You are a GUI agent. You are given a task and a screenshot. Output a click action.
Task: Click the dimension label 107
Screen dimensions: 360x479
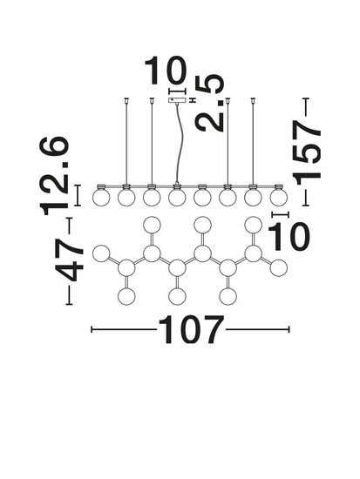191,329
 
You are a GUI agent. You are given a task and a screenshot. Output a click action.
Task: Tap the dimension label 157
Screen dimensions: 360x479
307,152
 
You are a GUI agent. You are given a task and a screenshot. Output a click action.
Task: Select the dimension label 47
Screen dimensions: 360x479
69,260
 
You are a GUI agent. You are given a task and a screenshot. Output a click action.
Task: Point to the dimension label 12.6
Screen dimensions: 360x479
54,176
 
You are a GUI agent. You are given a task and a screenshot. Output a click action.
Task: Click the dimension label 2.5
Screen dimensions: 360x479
210,104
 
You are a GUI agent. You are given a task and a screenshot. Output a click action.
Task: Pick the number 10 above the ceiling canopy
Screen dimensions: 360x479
166,71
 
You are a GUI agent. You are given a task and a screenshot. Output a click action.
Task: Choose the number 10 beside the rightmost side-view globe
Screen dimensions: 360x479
289,236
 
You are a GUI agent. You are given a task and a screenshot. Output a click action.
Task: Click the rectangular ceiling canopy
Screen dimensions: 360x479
177,100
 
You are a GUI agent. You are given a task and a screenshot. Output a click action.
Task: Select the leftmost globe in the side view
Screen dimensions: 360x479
101,198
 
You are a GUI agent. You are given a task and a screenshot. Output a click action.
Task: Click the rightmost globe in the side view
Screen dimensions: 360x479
279,198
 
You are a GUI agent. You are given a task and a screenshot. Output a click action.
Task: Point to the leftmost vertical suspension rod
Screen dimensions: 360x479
126,142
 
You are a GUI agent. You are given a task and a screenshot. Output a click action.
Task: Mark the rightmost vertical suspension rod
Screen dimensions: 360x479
253,142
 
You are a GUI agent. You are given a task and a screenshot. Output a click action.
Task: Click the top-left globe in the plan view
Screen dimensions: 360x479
152,225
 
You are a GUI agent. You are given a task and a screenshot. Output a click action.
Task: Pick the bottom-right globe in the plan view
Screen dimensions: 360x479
228,296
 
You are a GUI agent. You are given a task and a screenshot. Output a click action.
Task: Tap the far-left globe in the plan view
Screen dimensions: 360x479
101,253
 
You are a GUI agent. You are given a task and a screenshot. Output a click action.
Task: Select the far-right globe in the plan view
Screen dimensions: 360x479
279,267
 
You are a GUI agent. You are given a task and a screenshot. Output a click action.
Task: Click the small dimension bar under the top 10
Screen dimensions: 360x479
177,91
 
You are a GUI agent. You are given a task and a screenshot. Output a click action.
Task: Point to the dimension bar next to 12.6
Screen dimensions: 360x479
78,195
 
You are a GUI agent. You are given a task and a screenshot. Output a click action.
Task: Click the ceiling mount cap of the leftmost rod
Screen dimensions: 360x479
126,99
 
